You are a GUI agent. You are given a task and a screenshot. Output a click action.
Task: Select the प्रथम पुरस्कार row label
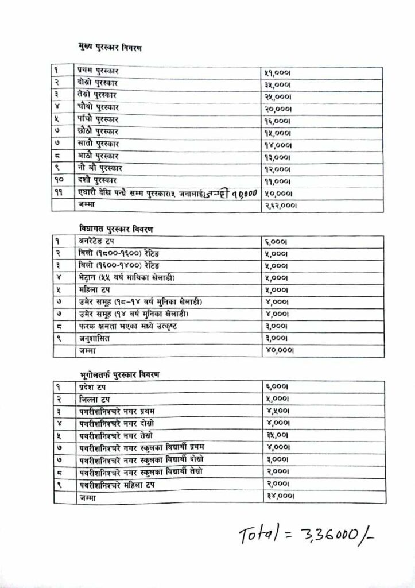click(96, 70)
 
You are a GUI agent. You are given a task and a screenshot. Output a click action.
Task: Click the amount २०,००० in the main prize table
click(278, 107)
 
